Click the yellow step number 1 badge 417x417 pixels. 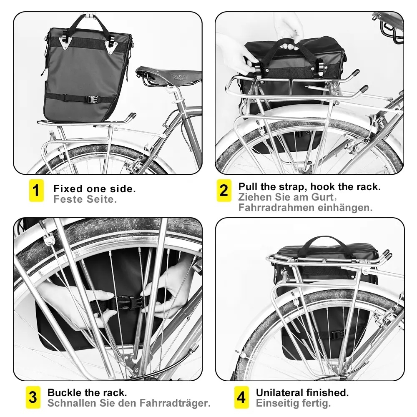click(36, 191)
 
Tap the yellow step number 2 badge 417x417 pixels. click(224, 191)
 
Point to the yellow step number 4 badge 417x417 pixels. click(241, 397)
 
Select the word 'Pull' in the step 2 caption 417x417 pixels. click(247, 186)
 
